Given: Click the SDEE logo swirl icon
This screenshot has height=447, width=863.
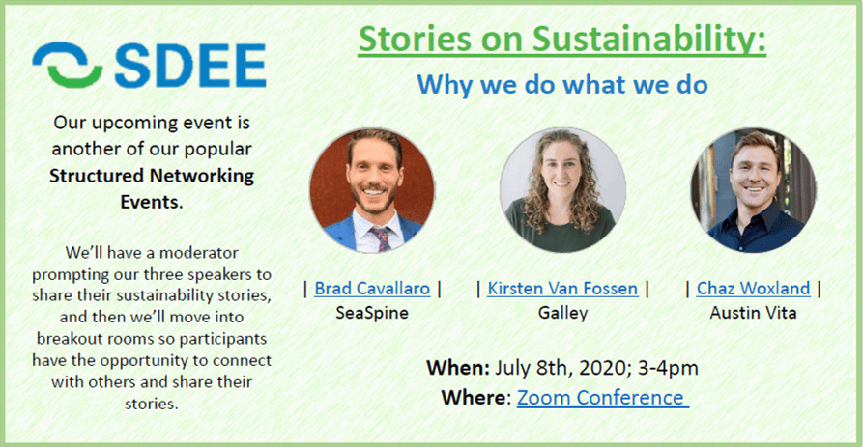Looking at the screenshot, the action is [x=67, y=65].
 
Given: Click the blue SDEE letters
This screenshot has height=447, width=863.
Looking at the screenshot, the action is [x=190, y=66].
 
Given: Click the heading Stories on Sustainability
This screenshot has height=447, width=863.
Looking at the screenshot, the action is [x=561, y=40].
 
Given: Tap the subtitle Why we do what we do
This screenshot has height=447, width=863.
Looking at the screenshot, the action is [x=561, y=85].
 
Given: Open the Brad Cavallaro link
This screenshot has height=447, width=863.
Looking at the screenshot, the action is [x=372, y=288].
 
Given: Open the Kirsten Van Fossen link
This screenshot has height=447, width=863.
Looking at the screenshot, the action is [x=562, y=288].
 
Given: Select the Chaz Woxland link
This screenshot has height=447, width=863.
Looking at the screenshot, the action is [x=753, y=288].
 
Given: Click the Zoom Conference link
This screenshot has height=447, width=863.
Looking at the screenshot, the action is [x=603, y=398].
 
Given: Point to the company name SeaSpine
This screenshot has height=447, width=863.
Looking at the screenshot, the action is [x=372, y=313].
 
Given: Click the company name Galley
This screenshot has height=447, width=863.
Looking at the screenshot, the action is [x=562, y=313].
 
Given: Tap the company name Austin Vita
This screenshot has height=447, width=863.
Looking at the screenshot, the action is [x=753, y=313].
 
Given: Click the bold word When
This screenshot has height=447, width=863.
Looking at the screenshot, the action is [x=458, y=367].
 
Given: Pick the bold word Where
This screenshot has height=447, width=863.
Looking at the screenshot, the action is [x=476, y=398].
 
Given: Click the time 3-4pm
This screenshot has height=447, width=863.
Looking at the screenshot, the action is [x=668, y=368].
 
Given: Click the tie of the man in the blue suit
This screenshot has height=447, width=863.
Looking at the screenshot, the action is [x=381, y=239].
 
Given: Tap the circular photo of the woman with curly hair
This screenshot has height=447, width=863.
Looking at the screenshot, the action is [x=562, y=190].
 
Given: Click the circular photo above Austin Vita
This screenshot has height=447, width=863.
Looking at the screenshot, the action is [x=753, y=190].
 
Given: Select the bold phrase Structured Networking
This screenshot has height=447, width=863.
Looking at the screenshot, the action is [x=152, y=176].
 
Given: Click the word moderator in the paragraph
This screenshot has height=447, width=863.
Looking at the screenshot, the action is [x=199, y=252].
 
